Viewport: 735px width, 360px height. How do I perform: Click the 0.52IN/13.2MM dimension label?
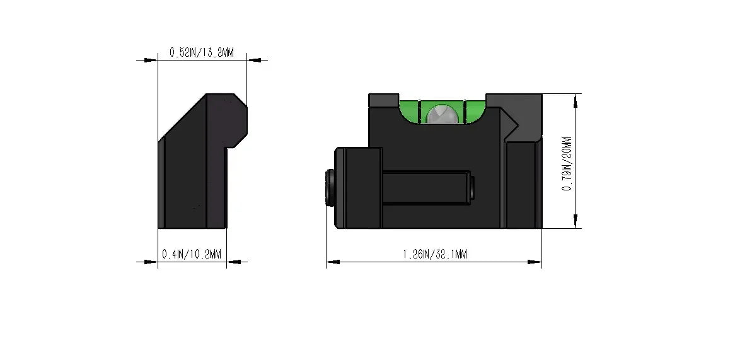(202, 52)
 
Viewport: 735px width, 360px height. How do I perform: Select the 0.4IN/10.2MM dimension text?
(191, 254)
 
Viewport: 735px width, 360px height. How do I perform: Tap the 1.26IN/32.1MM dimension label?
(435, 254)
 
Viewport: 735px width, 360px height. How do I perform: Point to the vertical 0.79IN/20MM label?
(567, 164)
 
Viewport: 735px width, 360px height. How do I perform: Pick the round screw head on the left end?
(330, 187)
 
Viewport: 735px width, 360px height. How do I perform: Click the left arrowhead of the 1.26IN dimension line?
(333, 262)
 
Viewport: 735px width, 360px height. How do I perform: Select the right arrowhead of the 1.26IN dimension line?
(535, 262)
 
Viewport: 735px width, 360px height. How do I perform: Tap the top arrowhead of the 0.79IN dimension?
(576, 101)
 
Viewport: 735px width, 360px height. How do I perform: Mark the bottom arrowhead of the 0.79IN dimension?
(576, 221)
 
